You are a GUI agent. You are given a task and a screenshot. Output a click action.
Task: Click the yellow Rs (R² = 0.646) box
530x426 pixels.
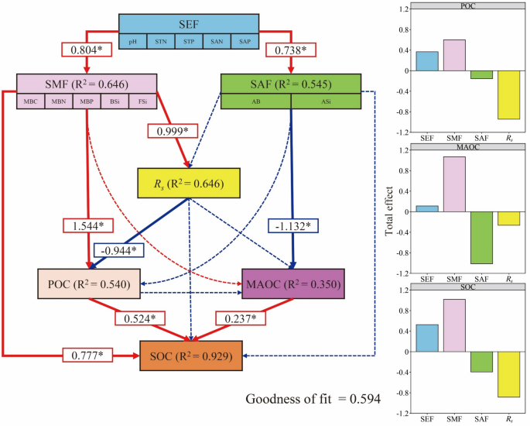[190, 184]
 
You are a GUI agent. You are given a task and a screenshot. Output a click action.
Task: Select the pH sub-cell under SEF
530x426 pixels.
[133, 40]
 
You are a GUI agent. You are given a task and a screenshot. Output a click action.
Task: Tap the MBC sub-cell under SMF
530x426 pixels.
[31, 101]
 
